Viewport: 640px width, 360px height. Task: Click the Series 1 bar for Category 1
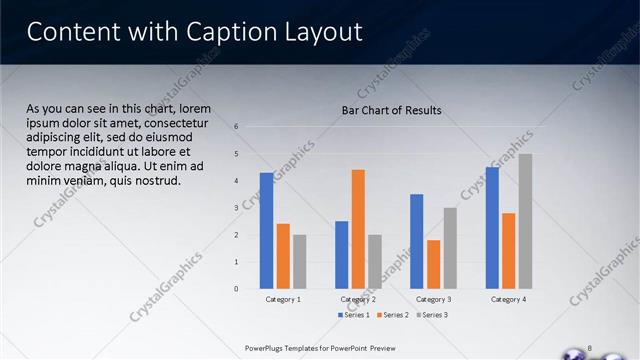pos(266,231)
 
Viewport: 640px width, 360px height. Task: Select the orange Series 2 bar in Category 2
pos(358,229)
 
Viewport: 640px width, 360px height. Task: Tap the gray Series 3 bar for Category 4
pos(525,221)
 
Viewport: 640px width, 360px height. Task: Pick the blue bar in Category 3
pos(417,241)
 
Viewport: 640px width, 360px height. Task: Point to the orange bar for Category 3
pos(433,264)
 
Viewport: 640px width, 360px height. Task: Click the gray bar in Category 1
pos(300,262)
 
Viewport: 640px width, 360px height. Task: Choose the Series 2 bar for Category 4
pos(509,251)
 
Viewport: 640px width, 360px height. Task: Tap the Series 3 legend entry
pos(432,315)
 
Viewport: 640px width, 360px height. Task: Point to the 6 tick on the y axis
pos(237,127)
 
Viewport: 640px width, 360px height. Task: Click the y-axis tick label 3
pos(237,208)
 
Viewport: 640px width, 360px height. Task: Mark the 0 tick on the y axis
pos(237,289)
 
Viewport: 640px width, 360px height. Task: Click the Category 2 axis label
pos(358,299)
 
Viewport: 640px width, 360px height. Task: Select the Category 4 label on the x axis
pos(509,299)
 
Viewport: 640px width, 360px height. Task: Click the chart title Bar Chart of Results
pos(391,110)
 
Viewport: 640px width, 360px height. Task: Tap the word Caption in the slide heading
pos(227,32)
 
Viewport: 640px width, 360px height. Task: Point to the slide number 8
pos(590,347)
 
